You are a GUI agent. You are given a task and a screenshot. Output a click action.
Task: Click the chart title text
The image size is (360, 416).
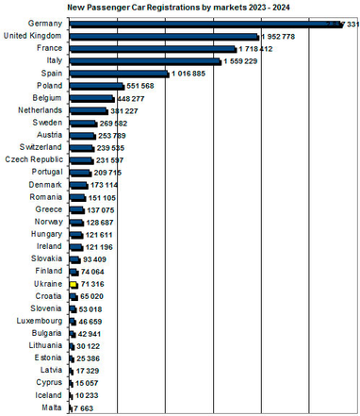coord(179,7)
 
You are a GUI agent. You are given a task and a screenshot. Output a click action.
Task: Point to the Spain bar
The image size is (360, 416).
coord(118,73)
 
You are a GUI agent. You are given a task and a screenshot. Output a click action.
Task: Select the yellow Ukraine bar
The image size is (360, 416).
coord(72,283)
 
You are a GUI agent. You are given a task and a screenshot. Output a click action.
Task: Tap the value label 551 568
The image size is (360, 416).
coord(135,86)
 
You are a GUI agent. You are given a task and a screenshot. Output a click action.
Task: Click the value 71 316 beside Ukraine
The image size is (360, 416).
coord(91,283)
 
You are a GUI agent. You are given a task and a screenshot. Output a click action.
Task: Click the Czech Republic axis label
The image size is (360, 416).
coord(37,159)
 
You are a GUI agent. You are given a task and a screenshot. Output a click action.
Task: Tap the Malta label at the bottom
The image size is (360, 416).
coord(52,407)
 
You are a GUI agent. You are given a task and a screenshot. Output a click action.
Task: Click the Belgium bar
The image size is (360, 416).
coord(90,98)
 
